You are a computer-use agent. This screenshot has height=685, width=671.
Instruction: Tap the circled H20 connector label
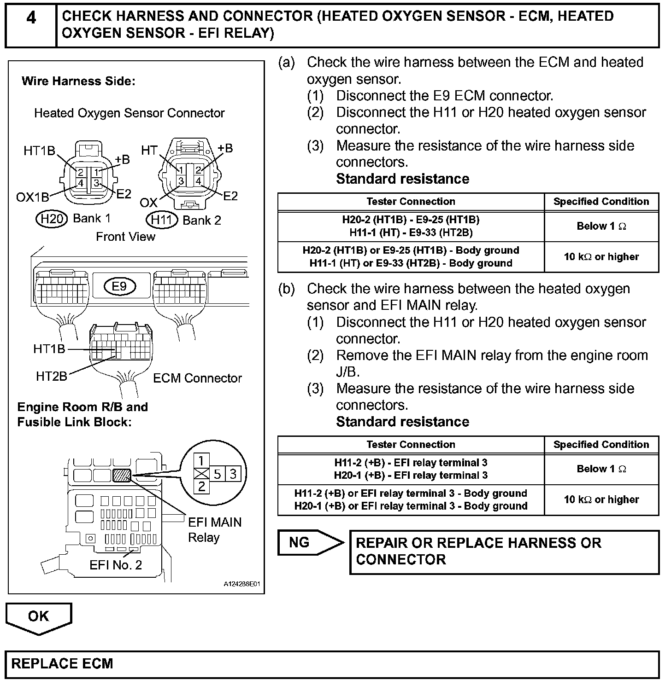[52, 219]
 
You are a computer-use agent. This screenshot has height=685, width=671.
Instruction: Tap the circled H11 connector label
[162, 220]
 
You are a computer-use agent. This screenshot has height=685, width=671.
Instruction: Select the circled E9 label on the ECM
[119, 286]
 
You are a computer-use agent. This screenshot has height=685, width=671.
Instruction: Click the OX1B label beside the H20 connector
[32, 197]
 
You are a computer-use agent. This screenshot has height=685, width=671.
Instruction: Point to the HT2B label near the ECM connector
[51, 377]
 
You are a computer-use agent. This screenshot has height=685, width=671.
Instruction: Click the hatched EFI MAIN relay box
[122, 475]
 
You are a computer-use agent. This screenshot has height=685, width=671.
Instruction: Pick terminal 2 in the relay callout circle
[201, 486]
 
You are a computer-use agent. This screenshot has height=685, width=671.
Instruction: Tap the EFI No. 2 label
[116, 565]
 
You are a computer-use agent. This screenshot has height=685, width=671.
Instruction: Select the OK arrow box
[39, 617]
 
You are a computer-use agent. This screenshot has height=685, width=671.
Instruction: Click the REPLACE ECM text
[62, 664]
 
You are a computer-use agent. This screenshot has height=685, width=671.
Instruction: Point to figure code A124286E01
[242, 584]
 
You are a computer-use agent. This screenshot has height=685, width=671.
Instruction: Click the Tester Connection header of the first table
[411, 202]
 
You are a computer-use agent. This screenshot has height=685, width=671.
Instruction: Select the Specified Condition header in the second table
[601, 445]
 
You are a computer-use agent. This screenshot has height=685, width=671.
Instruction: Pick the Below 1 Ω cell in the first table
[601, 226]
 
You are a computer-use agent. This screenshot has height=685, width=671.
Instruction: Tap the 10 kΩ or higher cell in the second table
[601, 499]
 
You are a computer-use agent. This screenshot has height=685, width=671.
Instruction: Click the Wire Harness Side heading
[78, 81]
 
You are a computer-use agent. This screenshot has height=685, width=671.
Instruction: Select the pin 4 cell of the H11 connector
[198, 181]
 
